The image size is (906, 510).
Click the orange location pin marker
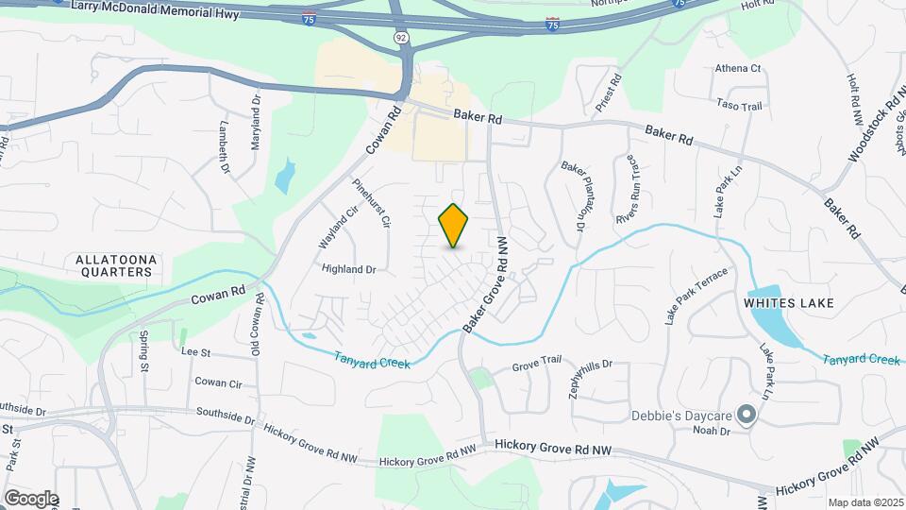click(454, 225)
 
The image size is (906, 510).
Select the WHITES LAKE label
click(788, 303)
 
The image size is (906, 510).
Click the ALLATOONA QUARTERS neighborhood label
click(114, 265)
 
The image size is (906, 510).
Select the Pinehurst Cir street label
click(371, 203)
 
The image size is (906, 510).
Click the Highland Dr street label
click(348, 269)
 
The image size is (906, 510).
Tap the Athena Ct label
click(738, 69)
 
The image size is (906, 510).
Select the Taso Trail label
click(739, 106)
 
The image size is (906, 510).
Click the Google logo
click(30, 498)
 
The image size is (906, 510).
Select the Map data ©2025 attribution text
click(864, 502)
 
